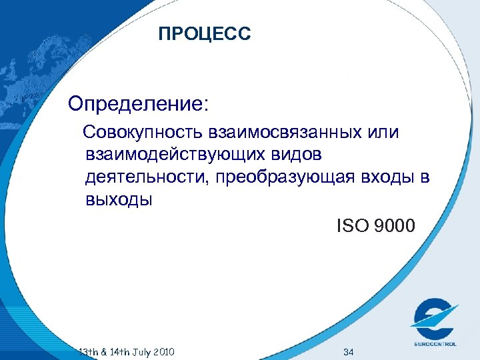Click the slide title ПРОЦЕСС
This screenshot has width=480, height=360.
pos(205,33)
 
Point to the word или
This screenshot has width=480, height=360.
pos(383,131)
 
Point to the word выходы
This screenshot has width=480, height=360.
pos(119,200)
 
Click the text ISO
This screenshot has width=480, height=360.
pos(353,227)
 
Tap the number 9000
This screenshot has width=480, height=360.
pos(395,227)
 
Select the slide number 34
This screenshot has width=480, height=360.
pos(347,351)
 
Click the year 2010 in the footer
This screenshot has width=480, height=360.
pos(162,351)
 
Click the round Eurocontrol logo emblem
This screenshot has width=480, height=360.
pos(434,320)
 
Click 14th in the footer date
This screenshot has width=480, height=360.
pos(113,351)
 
